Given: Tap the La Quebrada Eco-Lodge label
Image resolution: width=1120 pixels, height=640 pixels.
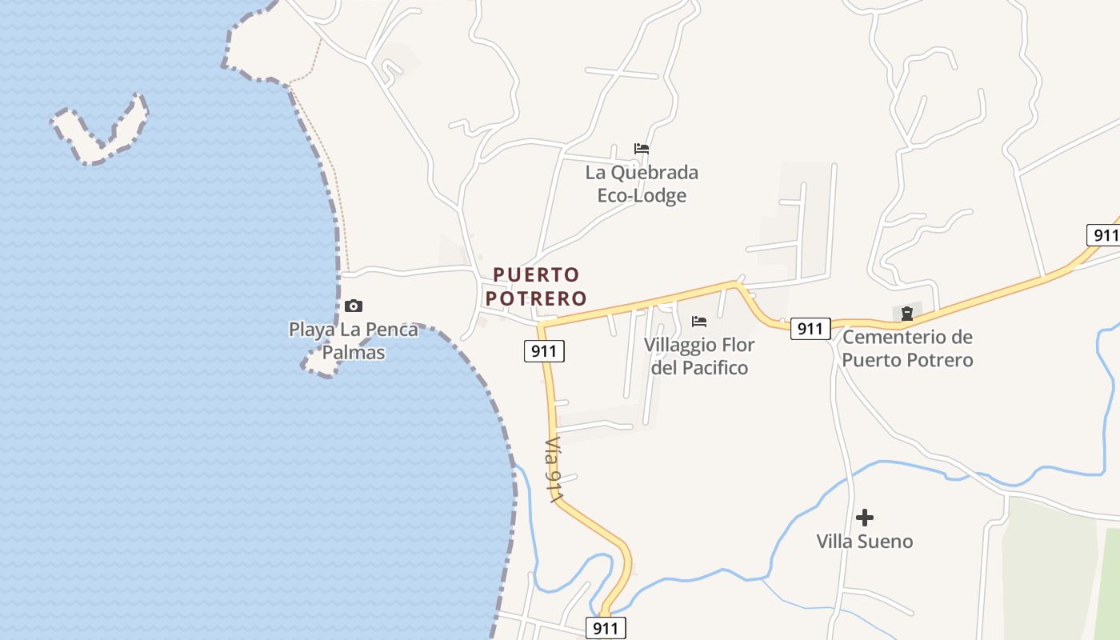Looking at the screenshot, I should coord(642,183).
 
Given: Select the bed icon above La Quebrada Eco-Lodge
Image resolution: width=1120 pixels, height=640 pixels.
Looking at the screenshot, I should coord(642,149).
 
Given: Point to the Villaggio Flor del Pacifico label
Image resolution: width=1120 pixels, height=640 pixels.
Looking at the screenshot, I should coord(699,356).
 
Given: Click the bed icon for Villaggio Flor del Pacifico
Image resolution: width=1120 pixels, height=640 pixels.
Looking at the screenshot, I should coord(699,322).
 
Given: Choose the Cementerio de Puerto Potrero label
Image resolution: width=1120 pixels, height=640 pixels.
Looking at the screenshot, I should coord(907,348).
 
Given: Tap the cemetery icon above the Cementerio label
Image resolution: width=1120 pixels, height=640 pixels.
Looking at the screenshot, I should coord(907,313).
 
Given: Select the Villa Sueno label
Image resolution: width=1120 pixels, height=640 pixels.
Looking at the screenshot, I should coord(864,542).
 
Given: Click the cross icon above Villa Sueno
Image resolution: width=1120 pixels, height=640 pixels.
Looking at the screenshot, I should coord(864,518).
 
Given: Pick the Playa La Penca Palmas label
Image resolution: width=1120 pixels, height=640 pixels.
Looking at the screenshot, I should coord(354,341).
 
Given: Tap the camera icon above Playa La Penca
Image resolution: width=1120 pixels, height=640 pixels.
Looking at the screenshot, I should coord(354,306).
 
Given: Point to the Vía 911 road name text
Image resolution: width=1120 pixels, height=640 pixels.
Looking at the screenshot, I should coord(554,470).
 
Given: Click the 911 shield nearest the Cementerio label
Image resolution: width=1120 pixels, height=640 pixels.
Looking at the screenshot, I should coord(810,328).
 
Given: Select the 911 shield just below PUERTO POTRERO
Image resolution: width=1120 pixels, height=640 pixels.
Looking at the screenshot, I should coord(544,350).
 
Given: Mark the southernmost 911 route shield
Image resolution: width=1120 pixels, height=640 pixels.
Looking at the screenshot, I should coord(606,628).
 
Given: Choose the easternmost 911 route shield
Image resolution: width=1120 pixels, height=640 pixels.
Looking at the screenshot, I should coord(1104,235).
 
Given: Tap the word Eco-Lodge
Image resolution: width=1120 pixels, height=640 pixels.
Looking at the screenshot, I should coord(642,195).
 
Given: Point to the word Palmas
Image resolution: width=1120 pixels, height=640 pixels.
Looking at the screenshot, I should coord(354,353).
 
